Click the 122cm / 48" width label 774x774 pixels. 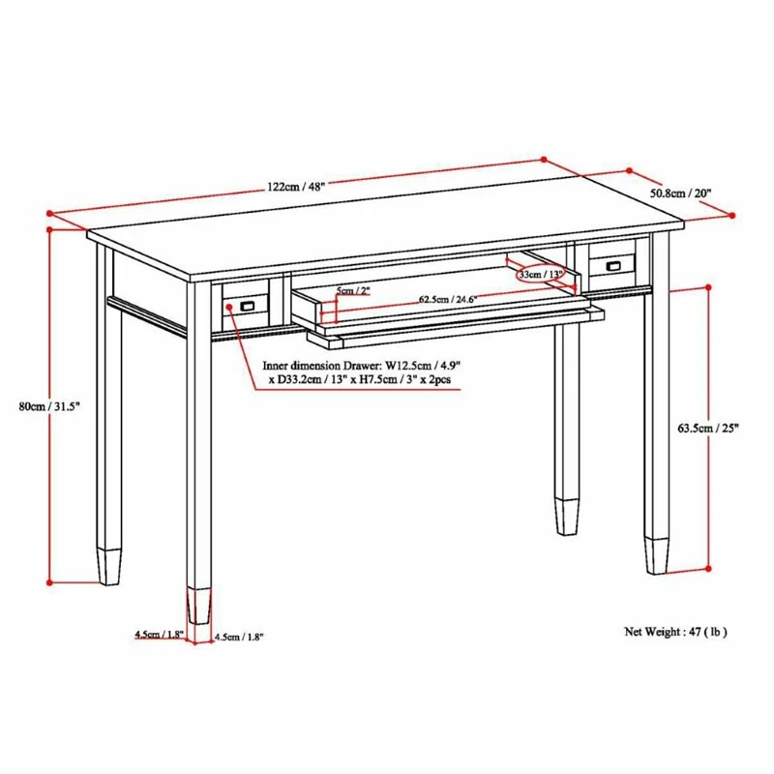point(296,187)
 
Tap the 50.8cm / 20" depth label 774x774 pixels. point(680,193)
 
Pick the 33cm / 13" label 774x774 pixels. point(541,275)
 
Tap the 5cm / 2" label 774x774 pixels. point(353,290)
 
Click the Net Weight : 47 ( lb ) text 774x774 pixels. point(675,632)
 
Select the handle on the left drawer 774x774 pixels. point(248,306)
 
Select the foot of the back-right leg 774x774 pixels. point(564,516)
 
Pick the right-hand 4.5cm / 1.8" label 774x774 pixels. point(238,637)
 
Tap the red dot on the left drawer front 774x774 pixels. point(229,308)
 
